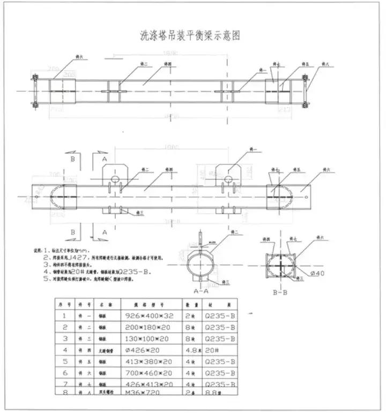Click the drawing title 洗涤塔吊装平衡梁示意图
188,36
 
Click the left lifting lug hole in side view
113,178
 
